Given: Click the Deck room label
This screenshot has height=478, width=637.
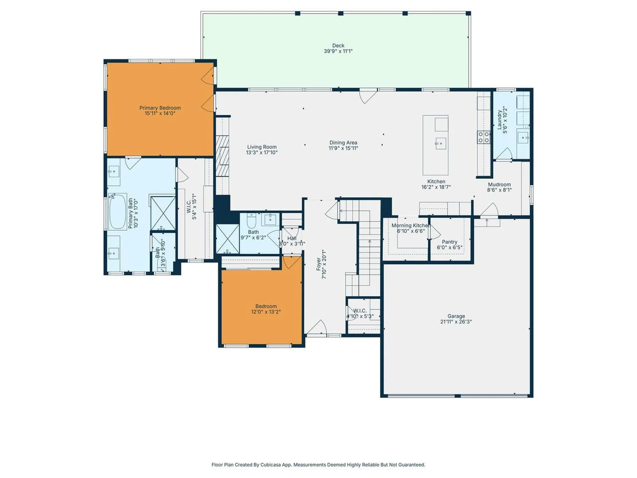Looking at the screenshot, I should click(x=338, y=45).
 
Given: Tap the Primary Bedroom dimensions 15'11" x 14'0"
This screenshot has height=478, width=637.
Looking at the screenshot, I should click(x=160, y=114).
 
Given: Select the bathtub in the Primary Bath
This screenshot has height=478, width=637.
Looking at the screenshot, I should click(x=117, y=212).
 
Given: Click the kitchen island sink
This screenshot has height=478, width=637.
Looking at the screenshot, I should click(x=441, y=144).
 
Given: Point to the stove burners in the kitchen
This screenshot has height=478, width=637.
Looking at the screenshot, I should click(x=483, y=137).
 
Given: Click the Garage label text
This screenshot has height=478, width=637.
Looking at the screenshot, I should click(x=456, y=316).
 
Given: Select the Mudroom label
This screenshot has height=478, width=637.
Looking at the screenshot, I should click(x=499, y=185).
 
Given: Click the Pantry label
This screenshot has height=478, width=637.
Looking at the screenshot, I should click(x=450, y=242).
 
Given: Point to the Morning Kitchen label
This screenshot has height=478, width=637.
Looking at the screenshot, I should click(x=410, y=225).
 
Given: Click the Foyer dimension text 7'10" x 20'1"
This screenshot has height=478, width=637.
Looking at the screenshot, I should click(x=324, y=264).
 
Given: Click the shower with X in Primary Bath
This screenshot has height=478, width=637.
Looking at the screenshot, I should click(x=163, y=213).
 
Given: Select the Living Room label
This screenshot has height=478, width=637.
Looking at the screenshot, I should click(x=262, y=147).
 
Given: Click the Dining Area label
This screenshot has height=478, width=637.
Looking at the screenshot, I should click(x=343, y=142).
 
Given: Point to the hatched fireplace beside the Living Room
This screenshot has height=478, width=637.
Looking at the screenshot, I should click(x=222, y=156).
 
